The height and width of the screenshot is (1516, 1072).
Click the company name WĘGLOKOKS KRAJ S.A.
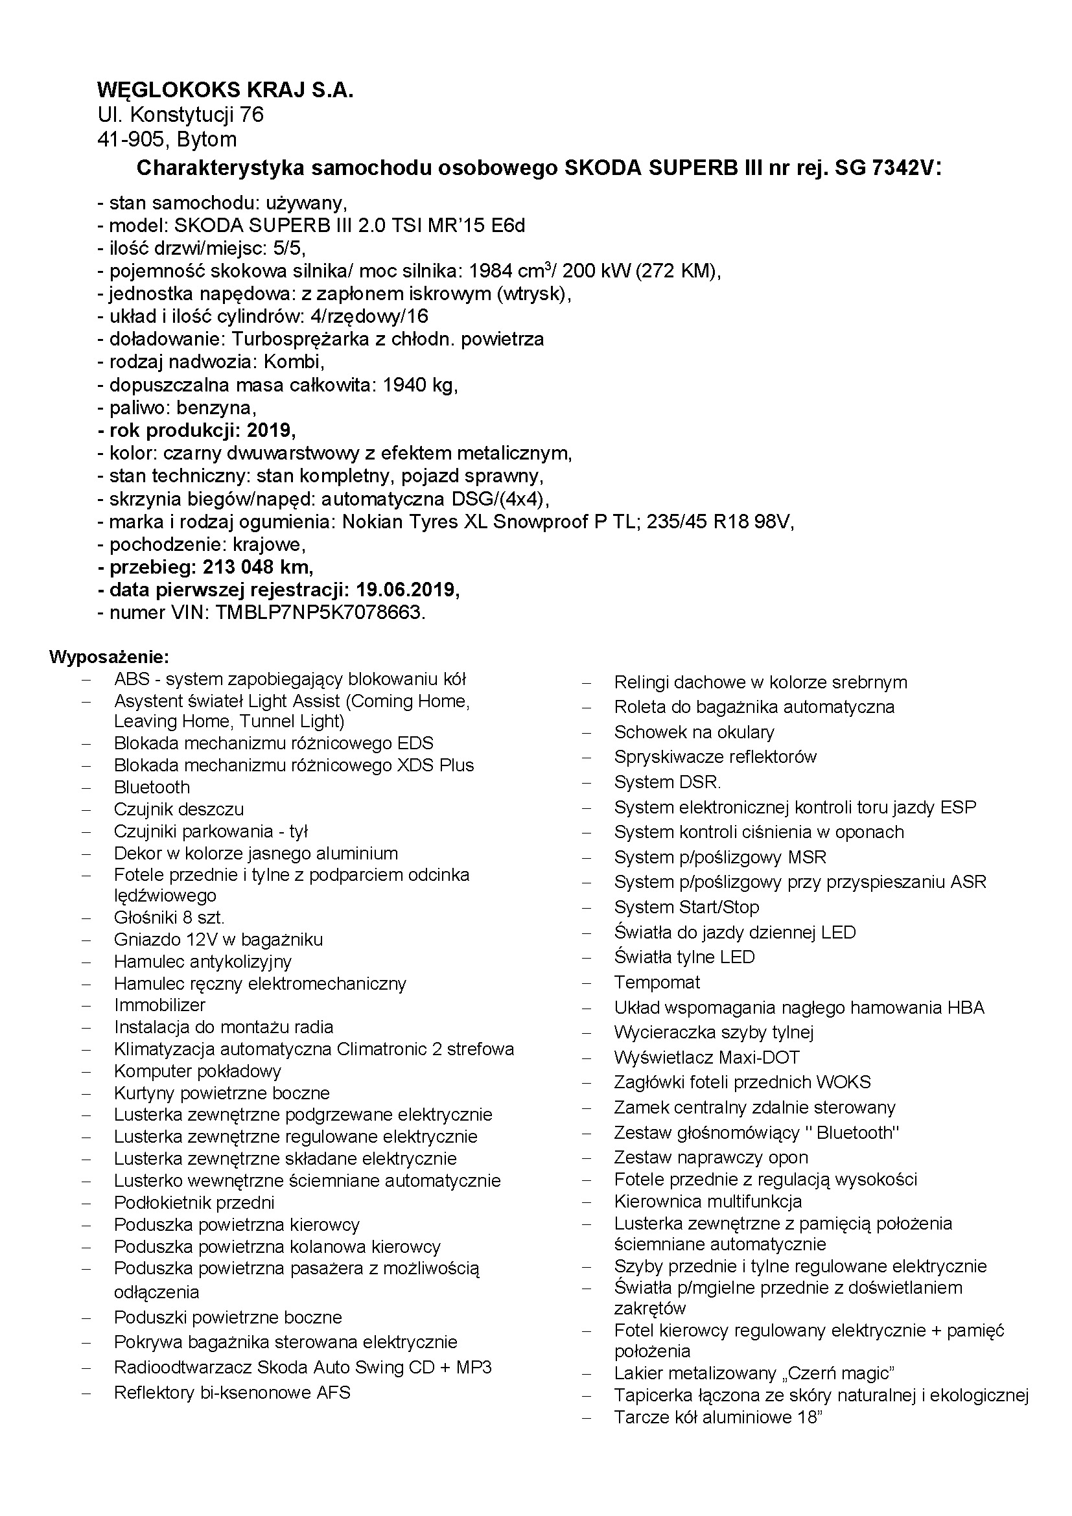(225, 90)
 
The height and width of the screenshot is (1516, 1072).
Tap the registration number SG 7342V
(885, 169)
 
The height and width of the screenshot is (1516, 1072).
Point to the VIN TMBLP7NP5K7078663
(318, 612)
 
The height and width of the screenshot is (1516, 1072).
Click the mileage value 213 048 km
(257, 566)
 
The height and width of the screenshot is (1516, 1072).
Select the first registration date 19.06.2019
(404, 589)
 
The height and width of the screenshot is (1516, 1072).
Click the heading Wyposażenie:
(109, 657)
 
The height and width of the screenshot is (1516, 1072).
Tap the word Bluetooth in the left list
(152, 787)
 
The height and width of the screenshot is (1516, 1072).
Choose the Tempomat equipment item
(657, 982)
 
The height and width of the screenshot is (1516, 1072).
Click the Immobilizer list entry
(159, 1005)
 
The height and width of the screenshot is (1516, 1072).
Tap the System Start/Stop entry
(686, 907)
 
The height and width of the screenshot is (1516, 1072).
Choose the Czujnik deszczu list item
(179, 809)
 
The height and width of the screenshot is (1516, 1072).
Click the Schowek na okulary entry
(693, 732)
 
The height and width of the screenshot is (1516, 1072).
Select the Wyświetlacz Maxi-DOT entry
(706, 1057)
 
